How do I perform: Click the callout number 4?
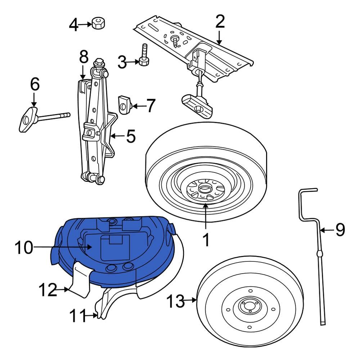coord(73,25)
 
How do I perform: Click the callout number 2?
coord(220,22)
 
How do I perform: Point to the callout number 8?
coord(83,57)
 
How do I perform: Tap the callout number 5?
coord(130,137)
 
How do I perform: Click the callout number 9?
coord(340,230)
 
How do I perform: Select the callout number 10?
coord(24,247)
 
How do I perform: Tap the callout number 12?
coord(48,290)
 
